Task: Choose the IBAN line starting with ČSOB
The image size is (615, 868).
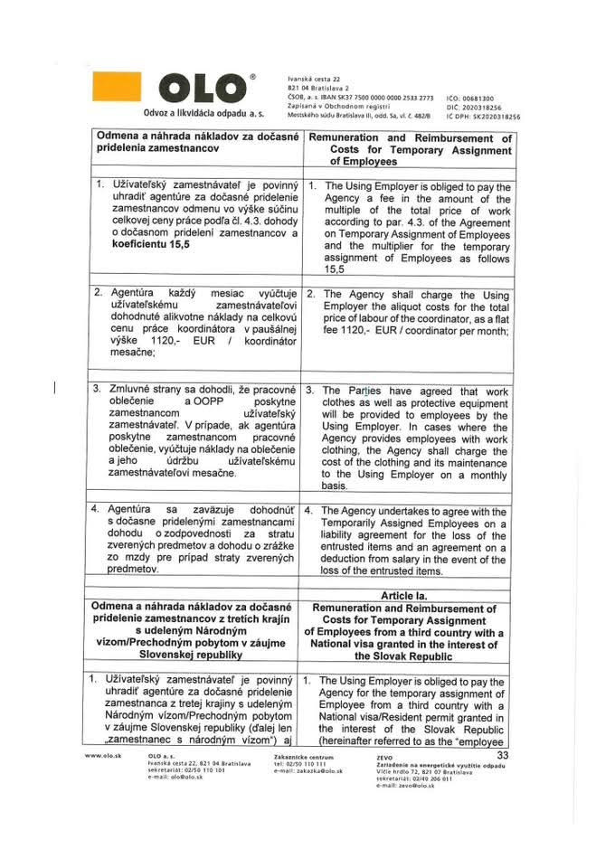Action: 355,98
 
